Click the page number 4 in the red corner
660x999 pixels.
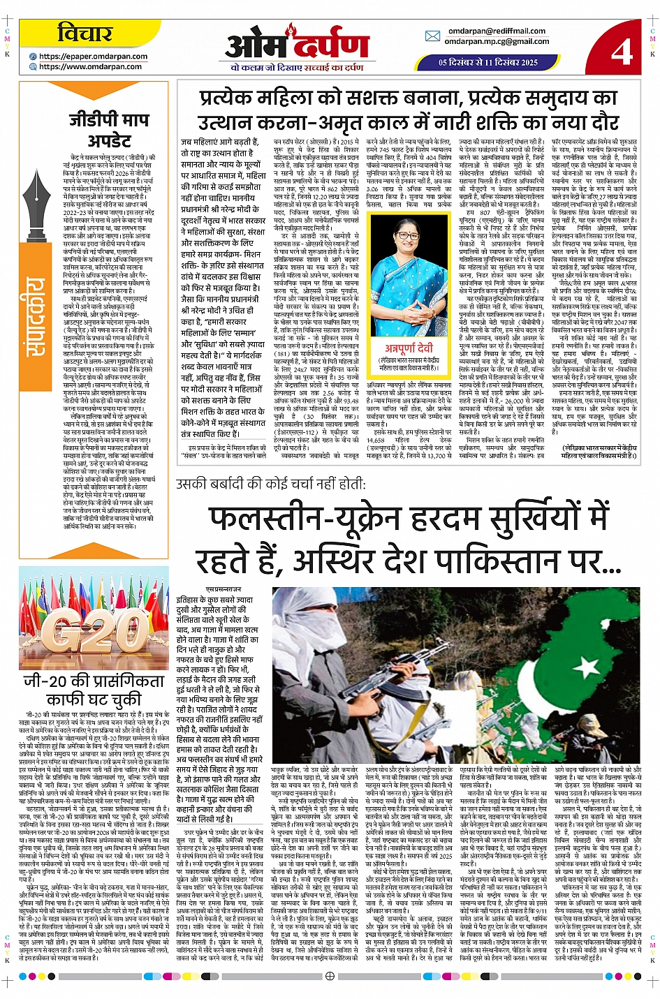click(621, 50)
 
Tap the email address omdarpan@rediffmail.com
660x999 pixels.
click(497, 31)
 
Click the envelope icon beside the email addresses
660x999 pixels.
click(432, 36)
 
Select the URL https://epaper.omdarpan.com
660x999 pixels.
click(94, 57)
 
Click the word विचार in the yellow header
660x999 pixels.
click(85, 33)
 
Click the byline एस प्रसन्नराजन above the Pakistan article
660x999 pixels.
click(223, 590)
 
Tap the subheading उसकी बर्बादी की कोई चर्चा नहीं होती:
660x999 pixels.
click(270, 483)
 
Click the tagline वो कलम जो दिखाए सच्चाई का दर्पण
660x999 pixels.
click(297, 68)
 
